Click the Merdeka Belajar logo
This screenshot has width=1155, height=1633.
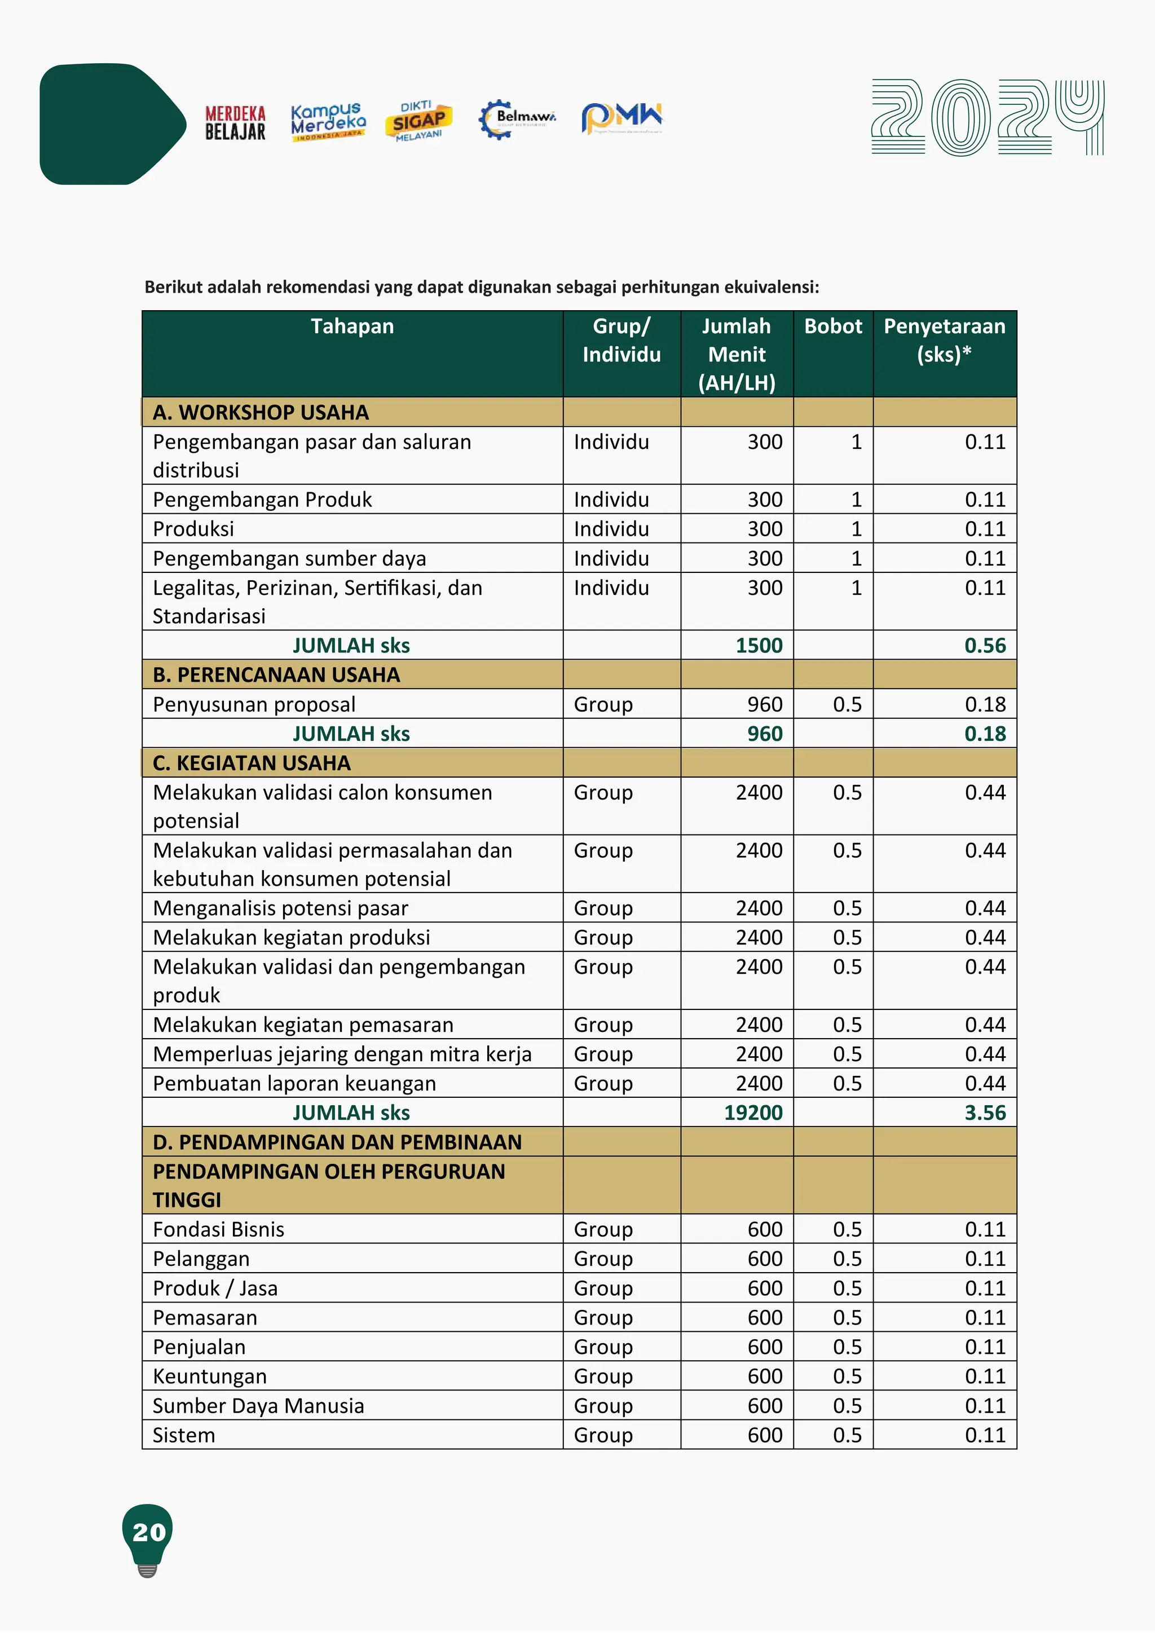[x=235, y=123]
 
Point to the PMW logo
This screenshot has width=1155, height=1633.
[x=621, y=117]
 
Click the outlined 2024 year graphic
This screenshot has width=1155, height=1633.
[x=987, y=117]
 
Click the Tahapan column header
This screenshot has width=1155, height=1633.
[x=352, y=326]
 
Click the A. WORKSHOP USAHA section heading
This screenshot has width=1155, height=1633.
[x=261, y=413]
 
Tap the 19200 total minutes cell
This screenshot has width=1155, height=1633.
[x=752, y=1113]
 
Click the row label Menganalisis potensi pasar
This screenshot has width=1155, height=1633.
[x=280, y=908]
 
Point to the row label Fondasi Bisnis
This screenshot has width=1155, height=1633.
[x=218, y=1229]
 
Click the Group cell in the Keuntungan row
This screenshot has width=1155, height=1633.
[x=602, y=1376]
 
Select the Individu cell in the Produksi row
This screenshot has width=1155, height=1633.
[x=611, y=529]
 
